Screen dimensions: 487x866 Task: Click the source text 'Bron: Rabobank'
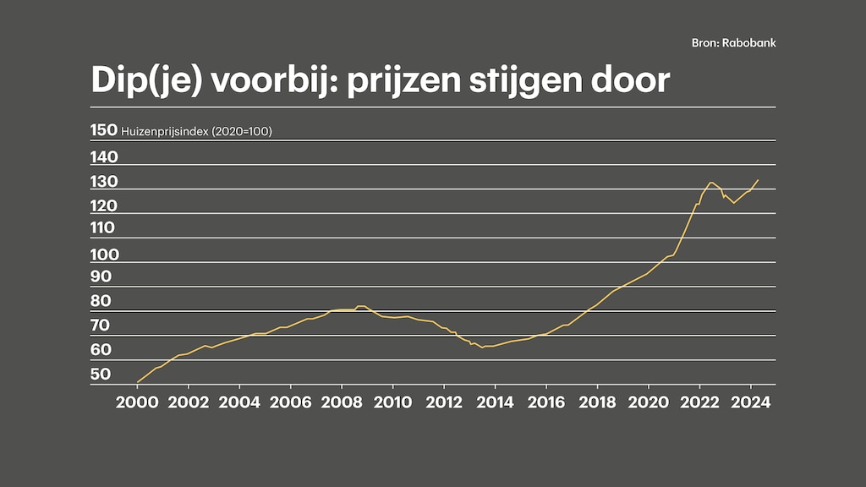(x=733, y=43)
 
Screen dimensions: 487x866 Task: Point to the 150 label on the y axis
(x=103, y=130)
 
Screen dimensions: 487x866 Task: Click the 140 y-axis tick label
(x=103, y=157)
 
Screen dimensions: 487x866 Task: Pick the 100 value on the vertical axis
(x=103, y=254)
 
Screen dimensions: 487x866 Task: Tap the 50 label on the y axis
(x=101, y=375)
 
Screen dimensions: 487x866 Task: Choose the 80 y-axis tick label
(x=101, y=301)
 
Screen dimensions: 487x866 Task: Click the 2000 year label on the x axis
(x=137, y=402)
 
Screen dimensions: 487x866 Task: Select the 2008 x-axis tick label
(x=342, y=402)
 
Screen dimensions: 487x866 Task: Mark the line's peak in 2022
(x=711, y=182)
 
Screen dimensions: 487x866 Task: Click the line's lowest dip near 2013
(x=482, y=347)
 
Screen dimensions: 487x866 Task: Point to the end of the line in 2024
(x=758, y=180)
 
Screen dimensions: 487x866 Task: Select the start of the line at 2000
(x=137, y=382)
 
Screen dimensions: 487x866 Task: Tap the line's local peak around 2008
(x=361, y=306)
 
